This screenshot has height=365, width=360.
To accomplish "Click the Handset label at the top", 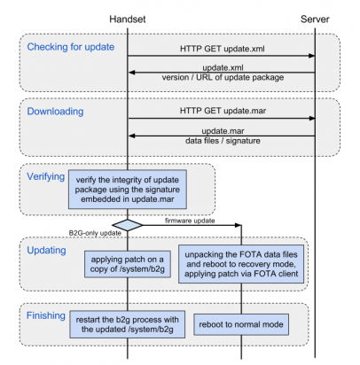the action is [x=128, y=19].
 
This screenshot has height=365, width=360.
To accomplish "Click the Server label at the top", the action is [x=315, y=19].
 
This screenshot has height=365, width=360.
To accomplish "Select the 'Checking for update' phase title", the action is [x=71, y=47].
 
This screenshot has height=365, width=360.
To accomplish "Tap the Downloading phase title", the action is [x=55, y=112].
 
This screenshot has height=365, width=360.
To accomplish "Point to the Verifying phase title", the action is [x=46, y=176].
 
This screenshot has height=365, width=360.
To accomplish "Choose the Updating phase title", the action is [x=46, y=251].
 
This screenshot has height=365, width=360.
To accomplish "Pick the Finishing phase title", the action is [x=46, y=315].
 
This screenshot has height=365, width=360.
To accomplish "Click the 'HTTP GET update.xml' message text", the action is [x=223, y=49].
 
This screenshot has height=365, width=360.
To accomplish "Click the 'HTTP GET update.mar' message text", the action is [x=223, y=111].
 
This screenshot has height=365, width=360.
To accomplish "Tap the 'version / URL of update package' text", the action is [x=223, y=77].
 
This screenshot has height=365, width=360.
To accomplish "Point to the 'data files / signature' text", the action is [x=223, y=141].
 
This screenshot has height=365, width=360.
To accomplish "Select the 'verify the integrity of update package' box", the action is [x=128, y=190].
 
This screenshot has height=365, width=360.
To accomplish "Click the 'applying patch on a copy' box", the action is [x=128, y=264].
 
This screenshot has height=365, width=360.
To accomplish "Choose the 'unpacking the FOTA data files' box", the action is [x=241, y=264].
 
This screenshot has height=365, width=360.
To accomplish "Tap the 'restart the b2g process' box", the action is [x=128, y=324].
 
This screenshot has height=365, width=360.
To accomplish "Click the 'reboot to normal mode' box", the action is [x=241, y=324].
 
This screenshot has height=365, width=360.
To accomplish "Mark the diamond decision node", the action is [x=128, y=225].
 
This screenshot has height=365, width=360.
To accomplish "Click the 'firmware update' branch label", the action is [x=190, y=221].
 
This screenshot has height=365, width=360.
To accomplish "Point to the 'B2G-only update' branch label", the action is [x=95, y=233].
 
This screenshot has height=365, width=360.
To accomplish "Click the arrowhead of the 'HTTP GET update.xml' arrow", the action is [x=311, y=56].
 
